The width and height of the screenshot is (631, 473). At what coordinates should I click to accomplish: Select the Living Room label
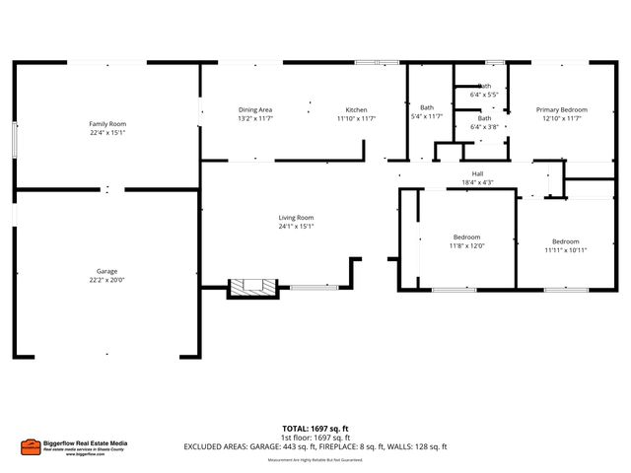click(296, 218)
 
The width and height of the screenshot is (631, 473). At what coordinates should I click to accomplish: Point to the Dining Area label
click(255, 109)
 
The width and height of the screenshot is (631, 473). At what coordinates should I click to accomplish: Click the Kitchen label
click(356, 109)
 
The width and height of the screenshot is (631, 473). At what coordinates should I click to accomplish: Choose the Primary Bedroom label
click(562, 109)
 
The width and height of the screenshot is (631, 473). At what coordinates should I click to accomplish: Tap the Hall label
click(477, 173)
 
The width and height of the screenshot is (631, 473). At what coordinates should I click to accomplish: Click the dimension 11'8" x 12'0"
click(466, 245)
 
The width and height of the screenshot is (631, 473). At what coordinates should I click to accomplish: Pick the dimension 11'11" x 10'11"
click(565, 250)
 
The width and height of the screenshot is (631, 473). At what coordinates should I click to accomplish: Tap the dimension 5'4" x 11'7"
click(427, 116)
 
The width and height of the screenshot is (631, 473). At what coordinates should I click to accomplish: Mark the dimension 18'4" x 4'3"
click(477, 182)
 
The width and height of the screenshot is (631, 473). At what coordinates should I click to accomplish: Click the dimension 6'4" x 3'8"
click(485, 126)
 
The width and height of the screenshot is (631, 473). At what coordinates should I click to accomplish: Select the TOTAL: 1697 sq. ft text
click(315, 429)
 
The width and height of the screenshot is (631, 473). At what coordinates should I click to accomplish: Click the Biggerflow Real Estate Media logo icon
click(31, 446)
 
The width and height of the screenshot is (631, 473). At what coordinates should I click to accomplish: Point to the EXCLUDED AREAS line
click(315, 447)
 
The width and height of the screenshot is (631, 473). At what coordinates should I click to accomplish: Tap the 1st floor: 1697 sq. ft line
click(315, 438)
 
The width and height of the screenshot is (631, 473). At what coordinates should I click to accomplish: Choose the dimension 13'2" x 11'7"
click(255, 118)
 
